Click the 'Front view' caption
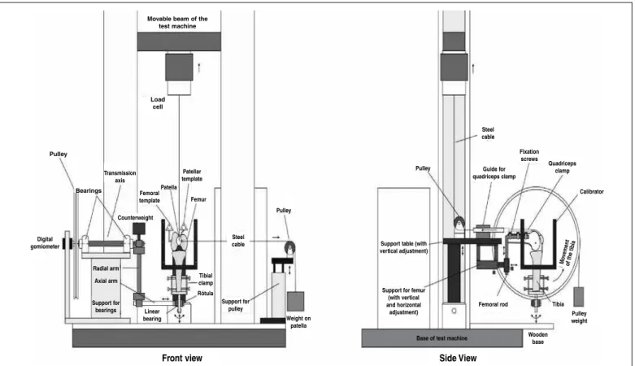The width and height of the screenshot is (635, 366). pyautogui.click(x=182, y=358)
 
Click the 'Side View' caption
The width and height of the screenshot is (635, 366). pyautogui.click(x=458, y=358)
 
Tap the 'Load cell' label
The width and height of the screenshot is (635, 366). pyautogui.click(x=158, y=103)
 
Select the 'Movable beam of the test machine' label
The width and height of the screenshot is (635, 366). pyautogui.click(x=177, y=22)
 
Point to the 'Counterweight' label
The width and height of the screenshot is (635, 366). pyautogui.click(x=135, y=218)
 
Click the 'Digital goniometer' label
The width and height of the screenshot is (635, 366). pyautogui.click(x=45, y=243)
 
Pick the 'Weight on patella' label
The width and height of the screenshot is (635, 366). pyautogui.click(x=298, y=322)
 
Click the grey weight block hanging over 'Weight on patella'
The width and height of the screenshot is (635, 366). pyautogui.click(x=295, y=302)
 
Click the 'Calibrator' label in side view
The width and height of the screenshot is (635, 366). pyautogui.click(x=591, y=192)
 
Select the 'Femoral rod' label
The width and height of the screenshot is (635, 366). pyautogui.click(x=493, y=304)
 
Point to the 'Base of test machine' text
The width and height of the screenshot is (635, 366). pyautogui.click(x=441, y=338)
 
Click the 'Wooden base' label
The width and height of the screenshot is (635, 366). pyautogui.click(x=537, y=338)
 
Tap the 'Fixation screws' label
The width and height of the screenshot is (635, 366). pyautogui.click(x=529, y=155)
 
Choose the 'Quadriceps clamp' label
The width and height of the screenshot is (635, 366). pyautogui.click(x=562, y=167)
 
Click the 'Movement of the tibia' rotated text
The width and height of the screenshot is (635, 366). pyautogui.click(x=567, y=252)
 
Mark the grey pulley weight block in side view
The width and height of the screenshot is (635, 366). pyautogui.click(x=579, y=297)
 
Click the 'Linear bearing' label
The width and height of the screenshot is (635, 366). pyautogui.click(x=152, y=315)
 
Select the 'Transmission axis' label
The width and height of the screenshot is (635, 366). pyautogui.click(x=120, y=176)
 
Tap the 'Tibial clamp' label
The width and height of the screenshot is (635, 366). pyautogui.click(x=206, y=279)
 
